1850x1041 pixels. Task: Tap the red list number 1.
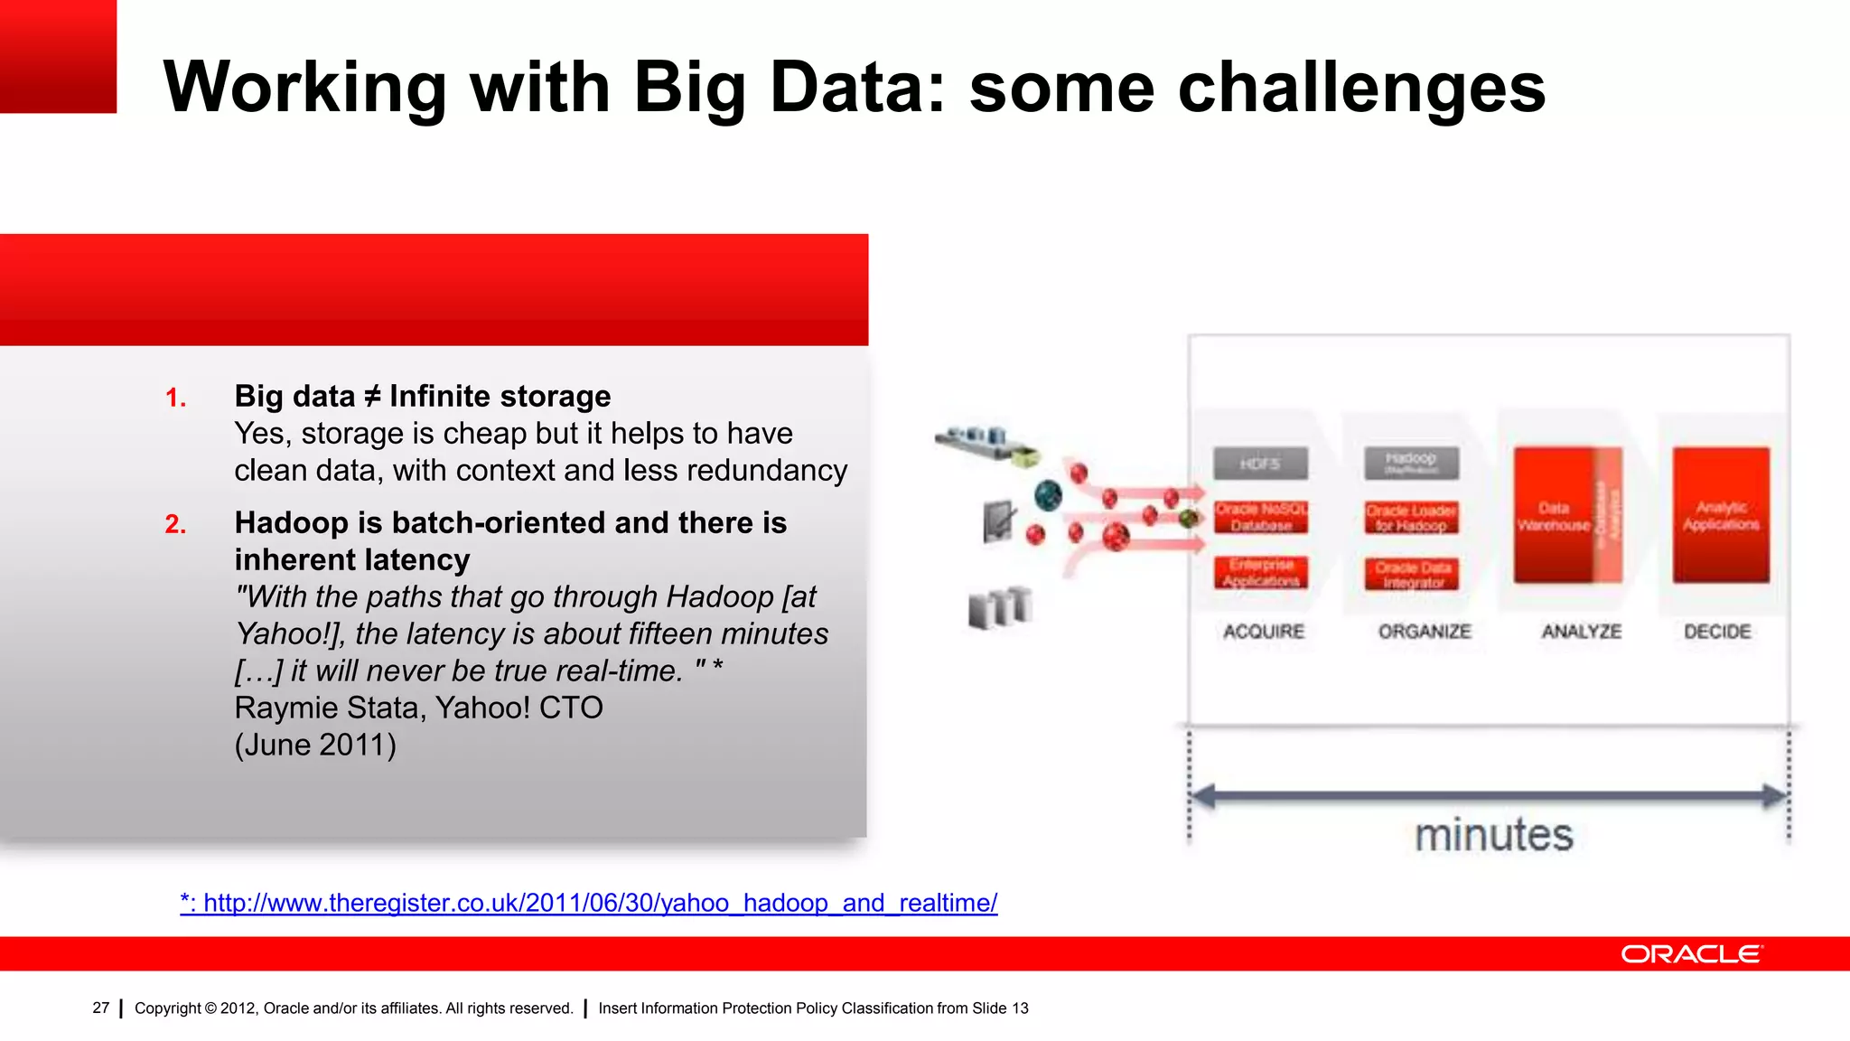[175, 399]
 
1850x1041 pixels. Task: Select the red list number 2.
[175, 525]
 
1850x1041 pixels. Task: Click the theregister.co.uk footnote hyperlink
[589, 903]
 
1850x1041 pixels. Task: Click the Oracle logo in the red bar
[1691, 954]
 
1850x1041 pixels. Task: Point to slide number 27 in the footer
[101, 1008]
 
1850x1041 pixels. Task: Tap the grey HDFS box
[1260, 464]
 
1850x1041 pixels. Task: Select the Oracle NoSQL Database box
[1261, 518]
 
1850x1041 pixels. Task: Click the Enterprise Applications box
[1261, 573]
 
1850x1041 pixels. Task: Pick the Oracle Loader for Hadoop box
[1411, 518]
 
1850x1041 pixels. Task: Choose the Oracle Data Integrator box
[1412, 575]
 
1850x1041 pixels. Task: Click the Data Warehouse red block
[1554, 516]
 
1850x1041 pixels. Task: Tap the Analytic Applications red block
[1721, 516]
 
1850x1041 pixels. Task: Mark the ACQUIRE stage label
[1264, 632]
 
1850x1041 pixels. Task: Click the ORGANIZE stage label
[1425, 632]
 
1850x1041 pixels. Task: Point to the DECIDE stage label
[1717, 632]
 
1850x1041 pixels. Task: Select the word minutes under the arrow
[1493, 835]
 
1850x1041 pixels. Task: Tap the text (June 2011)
[315, 745]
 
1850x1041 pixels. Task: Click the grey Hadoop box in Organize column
[1411, 463]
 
